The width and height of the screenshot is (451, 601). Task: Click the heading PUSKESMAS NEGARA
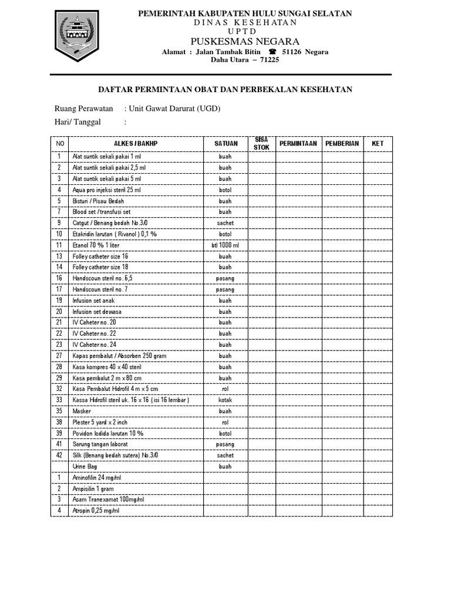245,41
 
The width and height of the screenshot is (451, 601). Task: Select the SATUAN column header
225,143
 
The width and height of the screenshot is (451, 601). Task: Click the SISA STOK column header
261,143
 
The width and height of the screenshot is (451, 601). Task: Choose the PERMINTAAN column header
298,143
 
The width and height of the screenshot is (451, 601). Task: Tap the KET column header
378,143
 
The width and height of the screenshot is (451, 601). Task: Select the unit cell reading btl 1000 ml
225,245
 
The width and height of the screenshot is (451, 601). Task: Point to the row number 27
59,356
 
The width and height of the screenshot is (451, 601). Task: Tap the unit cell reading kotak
225,400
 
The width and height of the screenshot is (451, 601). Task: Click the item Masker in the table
82,411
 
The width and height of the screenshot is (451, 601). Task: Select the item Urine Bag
85,466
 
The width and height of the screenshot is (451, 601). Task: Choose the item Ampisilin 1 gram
93,488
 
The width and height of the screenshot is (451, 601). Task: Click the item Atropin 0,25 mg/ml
95,511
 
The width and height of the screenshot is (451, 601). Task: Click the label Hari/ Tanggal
78,121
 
